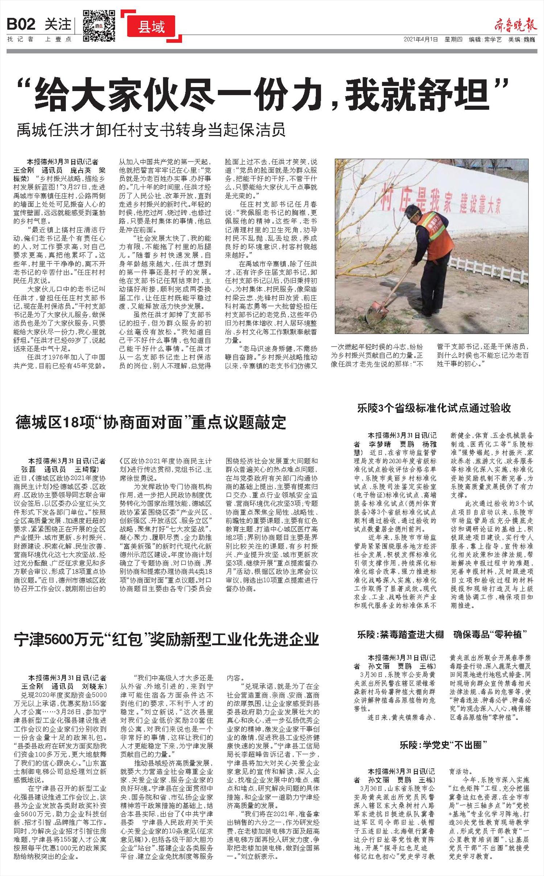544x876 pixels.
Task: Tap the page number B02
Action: tap(21, 24)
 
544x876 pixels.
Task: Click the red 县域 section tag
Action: tap(152, 27)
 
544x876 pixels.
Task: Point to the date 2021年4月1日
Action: tap(421, 40)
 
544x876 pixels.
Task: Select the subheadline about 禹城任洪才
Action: tap(151, 130)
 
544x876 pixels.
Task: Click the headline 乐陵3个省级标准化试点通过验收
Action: tap(434, 408)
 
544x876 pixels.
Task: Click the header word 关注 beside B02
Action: tap(58, 24)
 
